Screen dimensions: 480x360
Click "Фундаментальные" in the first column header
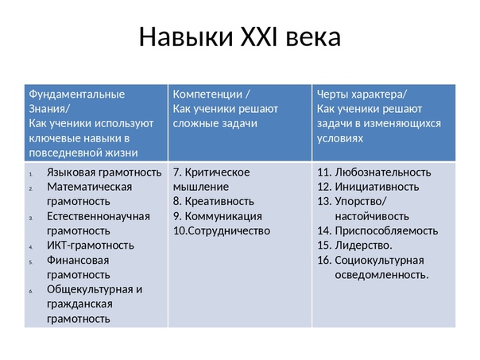point(77,95)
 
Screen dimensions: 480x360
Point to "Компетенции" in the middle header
point(207,95)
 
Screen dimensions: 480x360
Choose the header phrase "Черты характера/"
point(362,95)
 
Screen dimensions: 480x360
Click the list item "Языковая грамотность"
point(104,172)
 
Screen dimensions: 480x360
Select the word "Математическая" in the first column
point(89,187)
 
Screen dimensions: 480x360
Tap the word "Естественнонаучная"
point(99,216)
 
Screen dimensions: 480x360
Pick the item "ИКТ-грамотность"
point(91,246)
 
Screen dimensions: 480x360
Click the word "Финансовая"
point(78,260)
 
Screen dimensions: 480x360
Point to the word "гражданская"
point(79,304)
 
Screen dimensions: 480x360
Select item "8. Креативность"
point(213,201)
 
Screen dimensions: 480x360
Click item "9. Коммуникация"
point(217,216)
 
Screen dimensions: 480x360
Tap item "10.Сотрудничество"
point(222,230)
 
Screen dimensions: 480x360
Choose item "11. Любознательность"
point(374,172)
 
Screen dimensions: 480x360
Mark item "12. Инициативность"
point(368,187)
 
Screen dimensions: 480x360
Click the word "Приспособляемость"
point(386,230)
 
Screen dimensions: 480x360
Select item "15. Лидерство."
point(354,246)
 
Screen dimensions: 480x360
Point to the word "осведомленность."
point(381,275)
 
